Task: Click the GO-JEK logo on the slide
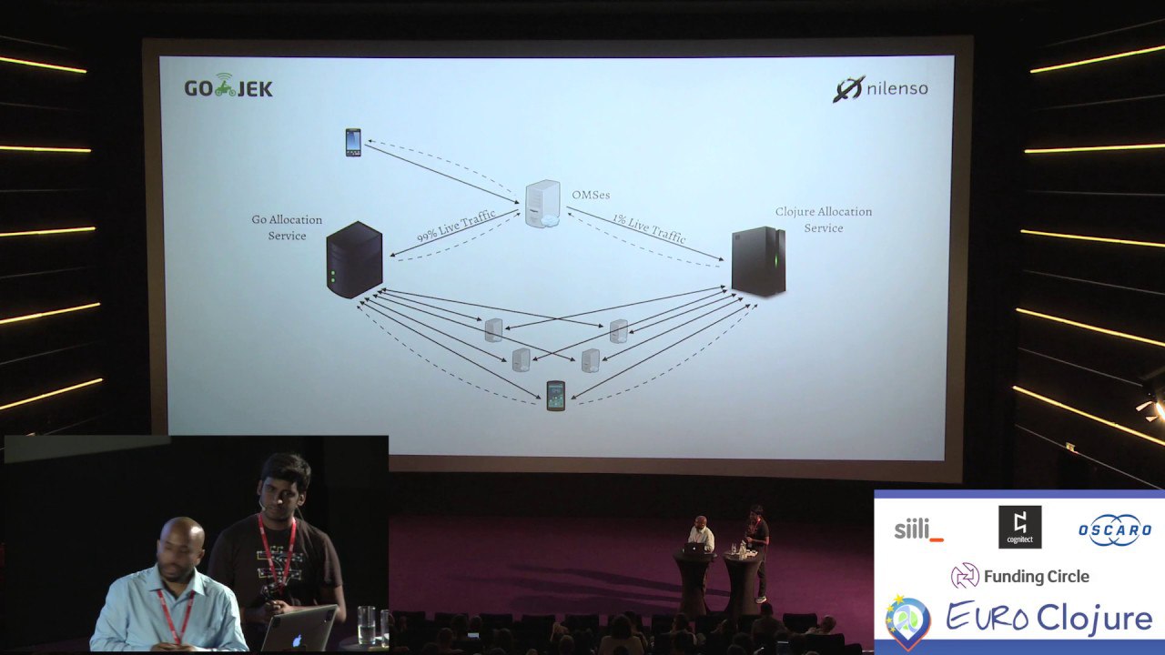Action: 228,88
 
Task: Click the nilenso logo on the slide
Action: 880,89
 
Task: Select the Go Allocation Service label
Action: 287,227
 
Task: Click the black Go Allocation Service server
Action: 354,260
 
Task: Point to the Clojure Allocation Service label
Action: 823,219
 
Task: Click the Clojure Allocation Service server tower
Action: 759,262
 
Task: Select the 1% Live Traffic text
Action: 649,229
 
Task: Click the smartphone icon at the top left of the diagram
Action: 353,143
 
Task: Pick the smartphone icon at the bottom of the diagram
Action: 555,396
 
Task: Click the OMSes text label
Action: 591,195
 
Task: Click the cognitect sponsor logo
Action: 1019,528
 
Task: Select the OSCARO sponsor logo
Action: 1115,530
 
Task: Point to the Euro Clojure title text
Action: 1049,619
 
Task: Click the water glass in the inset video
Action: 366,624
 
